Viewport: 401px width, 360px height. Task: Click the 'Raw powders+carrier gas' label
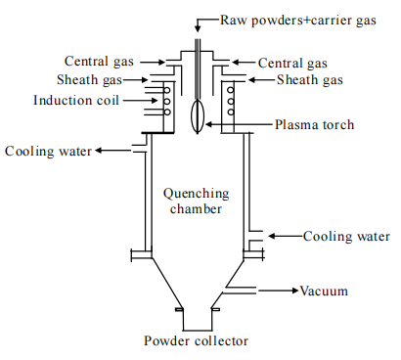point(298,21)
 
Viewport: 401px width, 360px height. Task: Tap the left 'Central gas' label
point(99,62)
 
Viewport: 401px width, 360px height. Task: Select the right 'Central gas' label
point(292,64)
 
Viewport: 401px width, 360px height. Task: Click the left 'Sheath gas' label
point(89,80)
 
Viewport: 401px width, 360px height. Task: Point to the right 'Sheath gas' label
point(310,80)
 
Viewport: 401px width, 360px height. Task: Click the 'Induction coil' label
point(76,100)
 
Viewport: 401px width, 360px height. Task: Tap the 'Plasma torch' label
point(314,124)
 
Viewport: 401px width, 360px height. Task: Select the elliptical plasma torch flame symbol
point(198,116)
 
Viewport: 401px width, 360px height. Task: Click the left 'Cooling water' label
point(48,152)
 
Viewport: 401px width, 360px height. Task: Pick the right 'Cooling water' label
point(346,237)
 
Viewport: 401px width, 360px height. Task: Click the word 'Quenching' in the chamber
point(197,194)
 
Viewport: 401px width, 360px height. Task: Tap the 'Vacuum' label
point(324,291)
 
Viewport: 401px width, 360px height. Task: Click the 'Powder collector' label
point(196,341)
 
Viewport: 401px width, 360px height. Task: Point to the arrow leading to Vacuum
point(279,291)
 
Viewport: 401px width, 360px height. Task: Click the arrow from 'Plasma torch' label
point(239,124)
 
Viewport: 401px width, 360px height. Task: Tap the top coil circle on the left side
point(166,90)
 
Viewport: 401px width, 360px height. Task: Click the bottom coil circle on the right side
point(231,112)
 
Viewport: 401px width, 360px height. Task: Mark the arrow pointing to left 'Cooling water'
point(112,151)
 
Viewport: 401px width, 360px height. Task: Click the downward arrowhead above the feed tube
point(198,29)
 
